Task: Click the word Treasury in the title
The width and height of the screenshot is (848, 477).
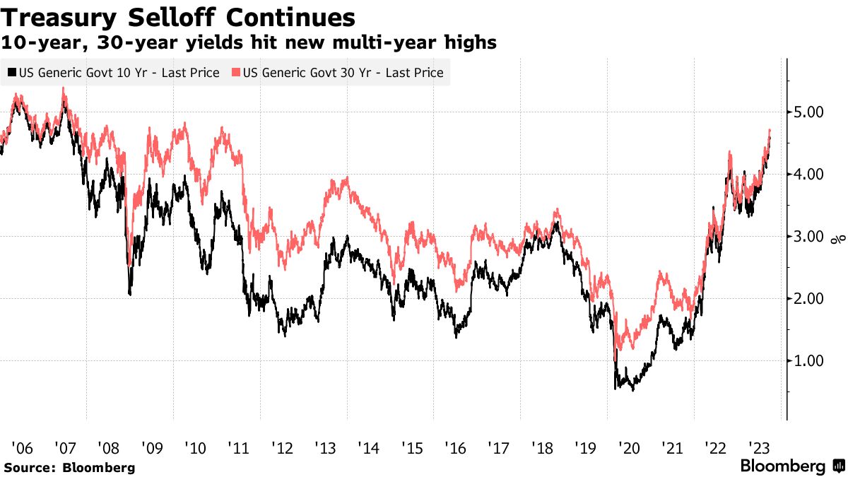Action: click(58, 18)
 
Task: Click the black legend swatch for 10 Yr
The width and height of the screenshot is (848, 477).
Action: click(12, 72)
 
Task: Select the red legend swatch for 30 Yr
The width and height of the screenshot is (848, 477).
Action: click(236, 72)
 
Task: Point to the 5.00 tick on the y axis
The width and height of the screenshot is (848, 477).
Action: click(806, 112)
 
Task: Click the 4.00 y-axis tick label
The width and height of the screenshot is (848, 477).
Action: click(806, 175)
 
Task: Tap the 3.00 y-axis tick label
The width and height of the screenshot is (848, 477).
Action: click(806, 237)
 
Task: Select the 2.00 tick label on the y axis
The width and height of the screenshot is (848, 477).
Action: click(806, 299)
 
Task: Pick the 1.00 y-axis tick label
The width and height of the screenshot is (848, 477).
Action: click(806, 361)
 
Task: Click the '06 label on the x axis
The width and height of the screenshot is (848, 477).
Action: click(23, 448)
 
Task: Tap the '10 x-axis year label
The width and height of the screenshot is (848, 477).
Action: click(195, 448)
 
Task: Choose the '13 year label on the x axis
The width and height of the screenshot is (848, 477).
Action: click(326, 448)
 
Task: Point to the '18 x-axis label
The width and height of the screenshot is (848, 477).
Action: click(543, 448)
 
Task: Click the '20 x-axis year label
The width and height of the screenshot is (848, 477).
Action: click(629, 448)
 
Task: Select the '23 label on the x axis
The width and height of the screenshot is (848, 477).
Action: click(759, 448)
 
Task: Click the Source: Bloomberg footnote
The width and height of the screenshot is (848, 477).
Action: click(70, 468)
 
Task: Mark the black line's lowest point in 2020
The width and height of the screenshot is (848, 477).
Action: click(633, 390)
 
